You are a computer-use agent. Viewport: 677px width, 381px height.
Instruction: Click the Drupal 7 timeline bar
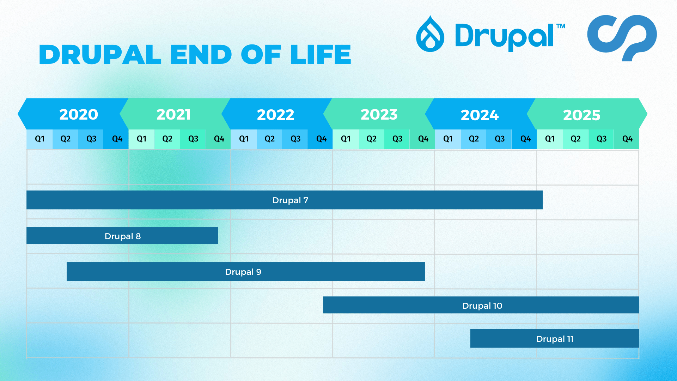[x=284, y=200]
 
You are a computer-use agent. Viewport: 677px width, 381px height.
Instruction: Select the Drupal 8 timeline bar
[x=122, y=236]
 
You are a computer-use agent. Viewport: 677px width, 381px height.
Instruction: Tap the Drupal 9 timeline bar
[x=245, y=272]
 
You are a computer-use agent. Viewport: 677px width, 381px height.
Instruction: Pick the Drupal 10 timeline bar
[x=481, y=305]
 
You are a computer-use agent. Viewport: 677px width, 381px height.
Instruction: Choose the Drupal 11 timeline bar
[x=554, y=339]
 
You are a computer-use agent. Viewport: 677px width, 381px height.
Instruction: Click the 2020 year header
[x=78, y=114]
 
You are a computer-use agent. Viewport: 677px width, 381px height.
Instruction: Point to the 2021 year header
[x=173, y=114]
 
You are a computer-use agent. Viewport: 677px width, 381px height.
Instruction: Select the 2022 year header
[x=275, y=114]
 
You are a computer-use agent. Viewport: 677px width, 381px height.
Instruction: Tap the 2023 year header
[x=379, y=114]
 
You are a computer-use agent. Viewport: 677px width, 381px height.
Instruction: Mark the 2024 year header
[x=480, y=115]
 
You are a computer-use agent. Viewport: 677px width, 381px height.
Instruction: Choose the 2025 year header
[x=582, y=115]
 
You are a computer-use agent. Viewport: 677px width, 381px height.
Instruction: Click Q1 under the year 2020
[x=39, y=139]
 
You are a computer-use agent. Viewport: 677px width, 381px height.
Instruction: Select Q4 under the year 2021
[x=219, y=139]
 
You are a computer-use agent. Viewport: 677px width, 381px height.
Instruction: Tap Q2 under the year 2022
[x=269, y=139]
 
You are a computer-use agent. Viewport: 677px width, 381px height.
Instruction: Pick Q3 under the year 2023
[x=397, y=139]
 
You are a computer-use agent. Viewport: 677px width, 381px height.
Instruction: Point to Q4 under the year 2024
[x=525, y=139]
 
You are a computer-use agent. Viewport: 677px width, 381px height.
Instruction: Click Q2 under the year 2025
[x=575, y=139]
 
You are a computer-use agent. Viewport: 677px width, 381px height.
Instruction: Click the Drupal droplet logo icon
[x=430, y=34]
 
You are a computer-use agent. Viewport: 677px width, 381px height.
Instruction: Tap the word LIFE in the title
[x=321, y=55]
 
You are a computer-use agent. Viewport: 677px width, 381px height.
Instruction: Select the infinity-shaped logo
[x=622, y=37]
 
